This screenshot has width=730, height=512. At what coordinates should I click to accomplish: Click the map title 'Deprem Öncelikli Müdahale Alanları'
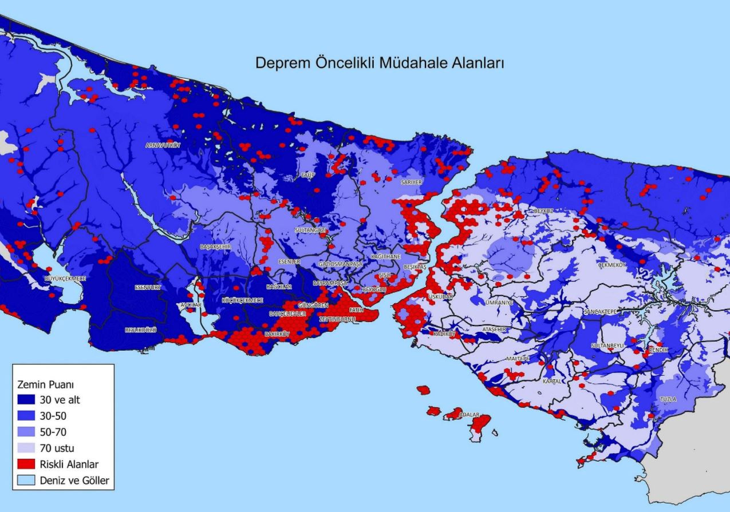tap(379, 62)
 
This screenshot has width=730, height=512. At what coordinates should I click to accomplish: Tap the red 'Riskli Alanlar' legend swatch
tap(26, 464)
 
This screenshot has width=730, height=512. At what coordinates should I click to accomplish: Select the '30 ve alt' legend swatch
tap(26, 400)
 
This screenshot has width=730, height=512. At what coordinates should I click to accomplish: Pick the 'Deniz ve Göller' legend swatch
tap(26, 480)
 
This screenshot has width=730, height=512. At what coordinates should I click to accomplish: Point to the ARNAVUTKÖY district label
tap(163, 146)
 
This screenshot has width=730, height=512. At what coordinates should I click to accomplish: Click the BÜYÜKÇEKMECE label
tap(65, 279)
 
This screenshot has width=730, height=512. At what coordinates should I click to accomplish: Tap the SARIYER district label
tap(411, 182)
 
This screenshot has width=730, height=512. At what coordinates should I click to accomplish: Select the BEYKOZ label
tap(543, 211)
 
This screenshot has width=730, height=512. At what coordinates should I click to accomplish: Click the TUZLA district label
tap(668, 399)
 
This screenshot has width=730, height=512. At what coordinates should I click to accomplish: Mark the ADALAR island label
tap(469, 415)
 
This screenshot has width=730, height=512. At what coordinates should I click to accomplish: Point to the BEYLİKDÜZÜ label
tap(140, 330)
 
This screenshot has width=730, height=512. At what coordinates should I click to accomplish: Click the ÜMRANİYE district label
tap(499, 302)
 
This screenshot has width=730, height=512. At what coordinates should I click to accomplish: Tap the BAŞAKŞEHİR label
tap(215, 247)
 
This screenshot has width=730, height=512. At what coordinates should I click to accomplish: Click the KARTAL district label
tap(553, 380)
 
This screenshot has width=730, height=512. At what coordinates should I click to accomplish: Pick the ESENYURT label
tap(148, 287)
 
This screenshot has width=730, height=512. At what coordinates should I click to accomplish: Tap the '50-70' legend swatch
tap(26, 432)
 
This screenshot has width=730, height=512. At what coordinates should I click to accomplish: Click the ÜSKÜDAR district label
tap(441, 297)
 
